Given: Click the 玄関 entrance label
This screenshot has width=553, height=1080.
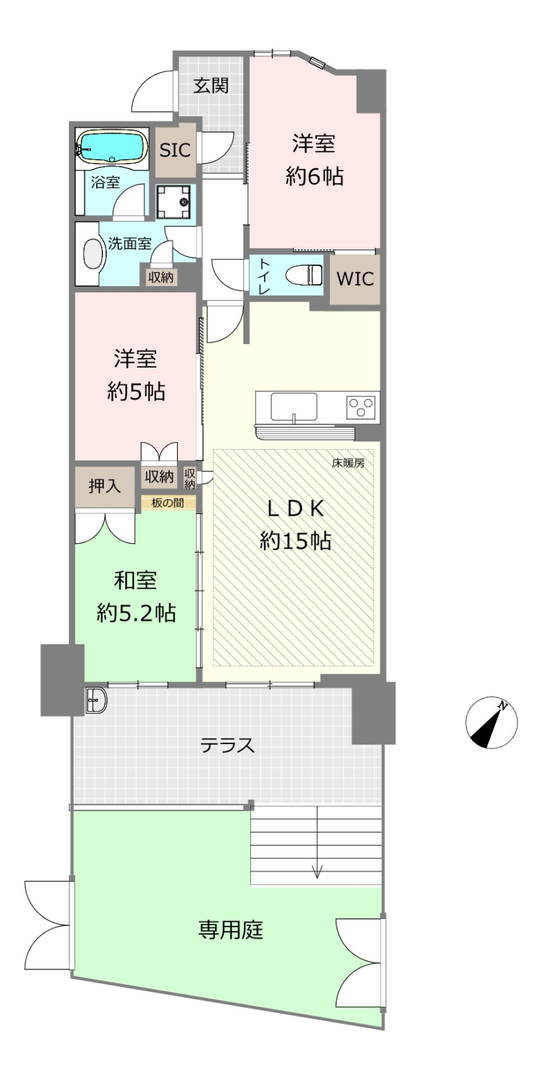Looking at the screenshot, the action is click(x=211, y=86).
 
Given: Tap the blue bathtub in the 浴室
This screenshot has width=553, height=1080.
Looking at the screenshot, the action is click(x=113, y=146).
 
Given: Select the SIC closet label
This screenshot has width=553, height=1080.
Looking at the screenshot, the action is click(x=175, y=151).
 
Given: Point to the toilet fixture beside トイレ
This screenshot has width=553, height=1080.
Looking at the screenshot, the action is click(x=303, y=276).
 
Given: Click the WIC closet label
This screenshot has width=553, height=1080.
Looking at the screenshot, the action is click(x=355, y=278).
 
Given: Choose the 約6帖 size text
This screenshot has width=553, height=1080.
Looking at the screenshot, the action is click(x=315, y=177).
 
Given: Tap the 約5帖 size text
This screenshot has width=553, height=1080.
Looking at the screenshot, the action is click(x=136, y=392).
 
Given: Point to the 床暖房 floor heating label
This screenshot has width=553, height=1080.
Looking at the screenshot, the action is click(x=348, y=464).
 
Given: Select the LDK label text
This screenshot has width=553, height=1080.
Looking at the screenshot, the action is click(x=295, y=509).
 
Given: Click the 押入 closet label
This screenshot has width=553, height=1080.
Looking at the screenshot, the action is click(x=104, y=486).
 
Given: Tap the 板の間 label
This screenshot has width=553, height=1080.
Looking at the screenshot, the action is click(x=168, y=503).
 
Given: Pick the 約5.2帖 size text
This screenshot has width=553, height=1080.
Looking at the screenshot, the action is click(x=136, y=614).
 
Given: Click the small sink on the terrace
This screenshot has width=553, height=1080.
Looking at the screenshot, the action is click(x=96, y=700).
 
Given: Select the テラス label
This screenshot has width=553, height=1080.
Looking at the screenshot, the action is click(x=227, y=746).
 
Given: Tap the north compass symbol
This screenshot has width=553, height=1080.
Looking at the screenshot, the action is click(x=491, y=723).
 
